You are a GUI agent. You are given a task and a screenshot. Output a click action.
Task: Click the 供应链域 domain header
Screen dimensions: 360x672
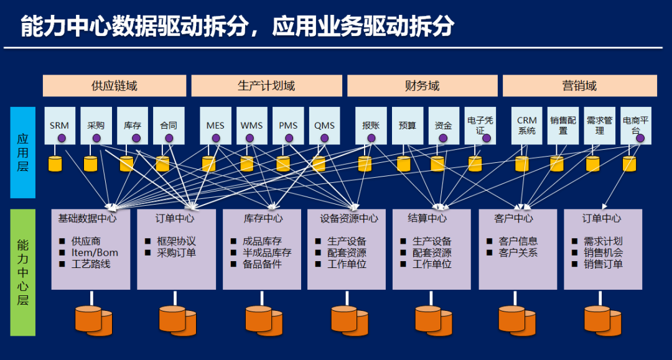click(114, 86)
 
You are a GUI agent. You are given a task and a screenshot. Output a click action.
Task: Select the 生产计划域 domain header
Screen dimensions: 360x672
click(266, 86)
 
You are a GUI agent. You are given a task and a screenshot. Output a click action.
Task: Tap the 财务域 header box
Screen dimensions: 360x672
click(422, 86)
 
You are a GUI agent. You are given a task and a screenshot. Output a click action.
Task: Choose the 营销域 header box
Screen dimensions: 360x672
click(579, 86)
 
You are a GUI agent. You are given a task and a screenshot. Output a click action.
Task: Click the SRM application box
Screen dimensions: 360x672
click(60, 126)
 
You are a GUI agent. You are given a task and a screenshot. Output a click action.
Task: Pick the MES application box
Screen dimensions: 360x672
click(215, 126)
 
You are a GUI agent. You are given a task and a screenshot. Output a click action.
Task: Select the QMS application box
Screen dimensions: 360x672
click(324, 126)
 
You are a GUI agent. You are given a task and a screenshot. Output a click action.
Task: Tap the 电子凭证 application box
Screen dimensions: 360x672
click(480, 126)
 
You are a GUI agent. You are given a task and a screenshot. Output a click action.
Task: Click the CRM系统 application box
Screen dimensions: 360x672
click(526, 126)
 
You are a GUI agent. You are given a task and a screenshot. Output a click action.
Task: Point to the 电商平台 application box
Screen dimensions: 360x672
click(635, 126)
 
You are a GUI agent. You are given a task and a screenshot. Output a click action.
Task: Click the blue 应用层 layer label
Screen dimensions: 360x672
click(23, 152)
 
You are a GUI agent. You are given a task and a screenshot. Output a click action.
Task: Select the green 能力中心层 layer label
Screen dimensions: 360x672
click(23, 272)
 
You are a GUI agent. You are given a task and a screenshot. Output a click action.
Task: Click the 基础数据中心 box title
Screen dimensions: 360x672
click(87, 218)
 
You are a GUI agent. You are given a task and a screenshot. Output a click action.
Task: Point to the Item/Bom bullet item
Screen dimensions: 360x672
click(94, 252)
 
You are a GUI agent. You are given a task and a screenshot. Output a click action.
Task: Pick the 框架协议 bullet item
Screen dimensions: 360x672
click(176, 241)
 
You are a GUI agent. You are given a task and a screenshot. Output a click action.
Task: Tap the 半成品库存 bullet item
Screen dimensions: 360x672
click(267, 252)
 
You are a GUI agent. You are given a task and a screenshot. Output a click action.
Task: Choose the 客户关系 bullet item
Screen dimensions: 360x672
click(518, 252)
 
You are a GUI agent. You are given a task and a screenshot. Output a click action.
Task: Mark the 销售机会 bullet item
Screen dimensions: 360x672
click(603, 252)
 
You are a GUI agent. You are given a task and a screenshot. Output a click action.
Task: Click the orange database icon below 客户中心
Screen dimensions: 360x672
click(517, 319)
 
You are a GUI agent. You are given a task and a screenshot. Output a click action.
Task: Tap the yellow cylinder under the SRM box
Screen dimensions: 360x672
click(56, 164)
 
